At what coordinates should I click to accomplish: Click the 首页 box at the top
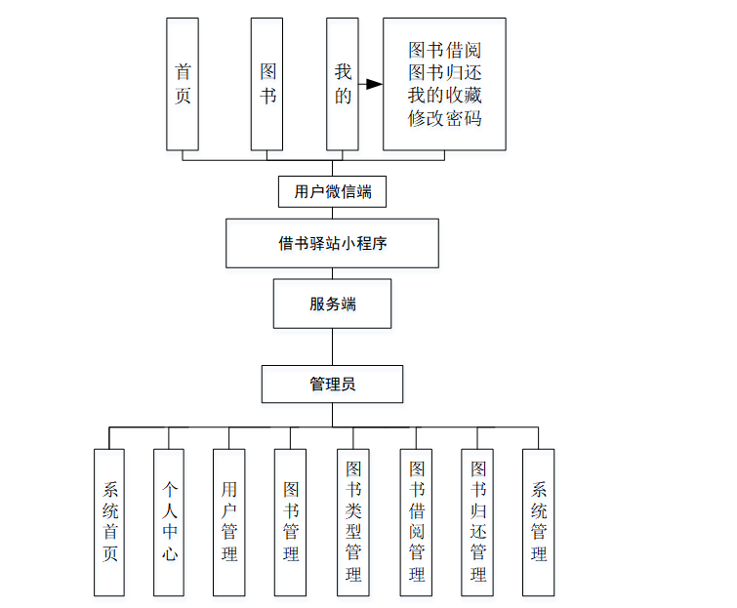[x=183, y=84]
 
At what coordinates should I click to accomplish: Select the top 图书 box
[x=266, y=84]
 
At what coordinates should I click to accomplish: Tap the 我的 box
[x=342, y=84]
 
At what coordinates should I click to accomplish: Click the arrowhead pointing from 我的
[x=374, y=84]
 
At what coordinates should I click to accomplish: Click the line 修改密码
[x=444, y=118]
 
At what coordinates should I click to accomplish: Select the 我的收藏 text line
[x=444, y=96]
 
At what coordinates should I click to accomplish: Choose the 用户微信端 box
[x=332, y=191]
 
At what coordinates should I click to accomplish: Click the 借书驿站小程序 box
[x=332, y=243]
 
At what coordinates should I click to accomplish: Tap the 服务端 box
[x=332, y=304]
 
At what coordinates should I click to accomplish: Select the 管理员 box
[x=332, y=384]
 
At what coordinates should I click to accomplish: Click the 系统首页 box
[x=110, y=522]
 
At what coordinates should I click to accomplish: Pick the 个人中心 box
[x=170, y=522]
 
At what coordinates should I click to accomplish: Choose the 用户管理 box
[x=229, y=522]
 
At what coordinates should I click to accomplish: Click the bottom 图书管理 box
[x=290, y=522]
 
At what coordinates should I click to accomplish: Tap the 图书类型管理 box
[x=352, y=522]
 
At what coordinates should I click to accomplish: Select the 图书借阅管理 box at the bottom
[x=416, y=522]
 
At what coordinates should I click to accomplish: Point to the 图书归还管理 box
[x=477, y=522]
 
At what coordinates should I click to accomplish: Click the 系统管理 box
[x=538, y=522]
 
